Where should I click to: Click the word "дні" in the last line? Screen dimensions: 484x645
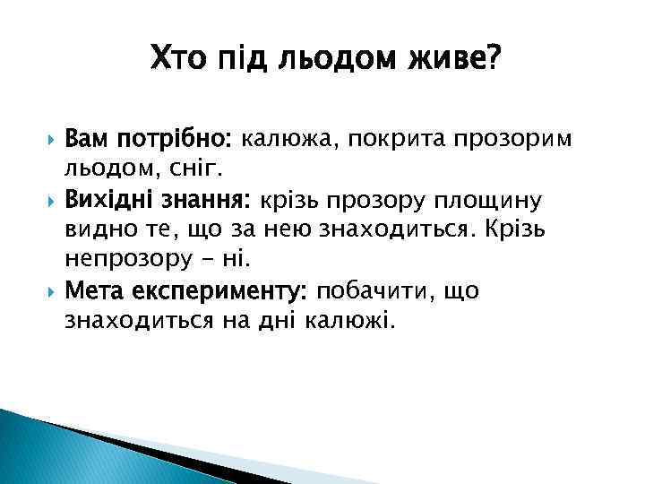(x=293, y=320)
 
